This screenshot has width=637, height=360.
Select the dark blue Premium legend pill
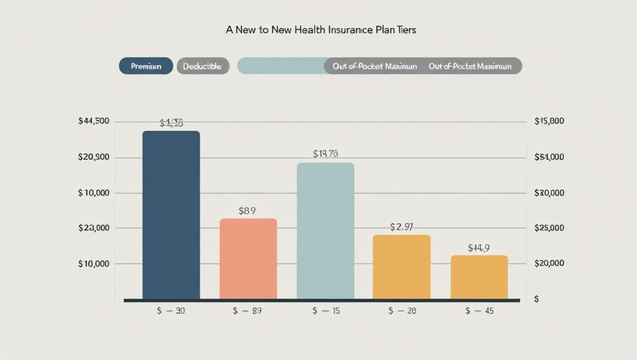(146, 66)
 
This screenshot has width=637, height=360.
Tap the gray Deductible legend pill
(203, 66)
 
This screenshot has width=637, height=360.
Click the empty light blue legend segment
(281, 66)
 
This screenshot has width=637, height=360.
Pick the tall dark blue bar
(171, 215)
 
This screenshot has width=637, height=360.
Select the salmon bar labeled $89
(248, 258)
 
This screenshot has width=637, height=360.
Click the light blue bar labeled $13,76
(325, 231)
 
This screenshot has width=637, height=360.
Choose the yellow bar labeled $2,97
(401, 266)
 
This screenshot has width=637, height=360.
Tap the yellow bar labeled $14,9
(479, 277)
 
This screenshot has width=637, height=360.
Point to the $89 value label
(248, 211)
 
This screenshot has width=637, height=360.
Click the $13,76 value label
(325, 154)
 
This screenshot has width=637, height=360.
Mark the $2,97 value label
(401, 227)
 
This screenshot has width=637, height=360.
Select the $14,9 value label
(479, 248)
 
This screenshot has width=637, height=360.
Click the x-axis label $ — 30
(171, 311)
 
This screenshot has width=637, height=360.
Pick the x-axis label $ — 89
(248, 311)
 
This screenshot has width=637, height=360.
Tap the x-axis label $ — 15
(325, 311)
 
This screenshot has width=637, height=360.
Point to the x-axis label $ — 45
(479, 311)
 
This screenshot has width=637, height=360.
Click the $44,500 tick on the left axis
(95, 121)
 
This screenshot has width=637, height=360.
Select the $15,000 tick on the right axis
(549, 121)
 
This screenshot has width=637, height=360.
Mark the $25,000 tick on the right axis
(549, 228)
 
